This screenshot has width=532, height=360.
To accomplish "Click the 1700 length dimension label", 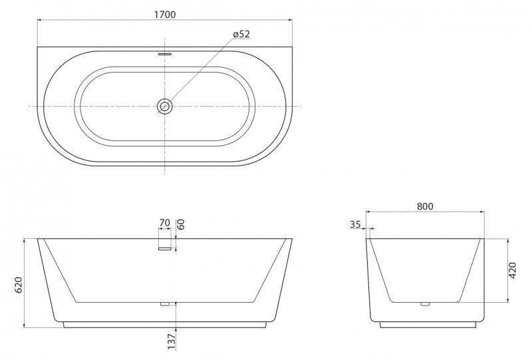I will [164, 13].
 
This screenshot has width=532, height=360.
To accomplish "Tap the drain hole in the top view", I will [164, 106].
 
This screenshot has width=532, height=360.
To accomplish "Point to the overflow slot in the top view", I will [164, 53].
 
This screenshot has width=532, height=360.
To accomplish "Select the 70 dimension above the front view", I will [164, 224].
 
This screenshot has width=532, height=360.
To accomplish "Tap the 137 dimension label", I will [171, 341].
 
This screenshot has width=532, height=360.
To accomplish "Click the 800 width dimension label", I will [425, 206].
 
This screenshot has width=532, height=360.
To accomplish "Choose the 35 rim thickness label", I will [355, 225].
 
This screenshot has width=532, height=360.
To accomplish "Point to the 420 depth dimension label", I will [512, 270].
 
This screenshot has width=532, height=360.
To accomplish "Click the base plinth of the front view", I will [165, 325].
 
